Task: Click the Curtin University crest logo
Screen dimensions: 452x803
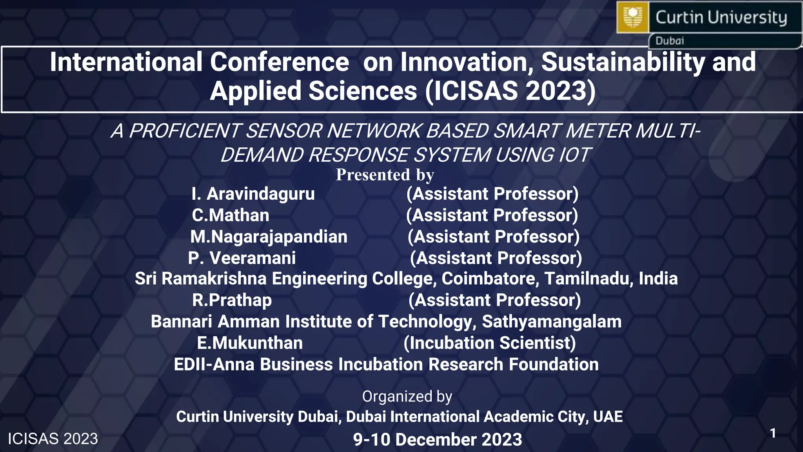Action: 632,17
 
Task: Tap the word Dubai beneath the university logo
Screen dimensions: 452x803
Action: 669,41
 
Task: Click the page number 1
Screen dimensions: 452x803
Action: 773,433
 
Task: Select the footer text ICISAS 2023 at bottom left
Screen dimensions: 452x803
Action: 53,439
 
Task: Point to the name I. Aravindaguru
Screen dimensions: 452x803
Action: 253,194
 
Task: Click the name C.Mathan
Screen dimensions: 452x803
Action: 231,215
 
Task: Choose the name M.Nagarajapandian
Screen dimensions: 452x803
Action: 269,237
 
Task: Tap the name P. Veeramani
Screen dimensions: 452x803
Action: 242,258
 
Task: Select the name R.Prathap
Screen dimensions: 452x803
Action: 232,300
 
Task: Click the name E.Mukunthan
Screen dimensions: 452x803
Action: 250,343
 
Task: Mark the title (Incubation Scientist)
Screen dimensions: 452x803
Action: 490,343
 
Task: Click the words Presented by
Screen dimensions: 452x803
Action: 385,175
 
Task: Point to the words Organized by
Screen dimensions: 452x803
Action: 407,396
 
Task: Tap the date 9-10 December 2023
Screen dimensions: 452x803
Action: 438,439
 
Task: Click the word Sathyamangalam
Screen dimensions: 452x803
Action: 552,322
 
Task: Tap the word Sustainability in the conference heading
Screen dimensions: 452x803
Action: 623,62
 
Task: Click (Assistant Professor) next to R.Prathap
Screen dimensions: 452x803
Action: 494,300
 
